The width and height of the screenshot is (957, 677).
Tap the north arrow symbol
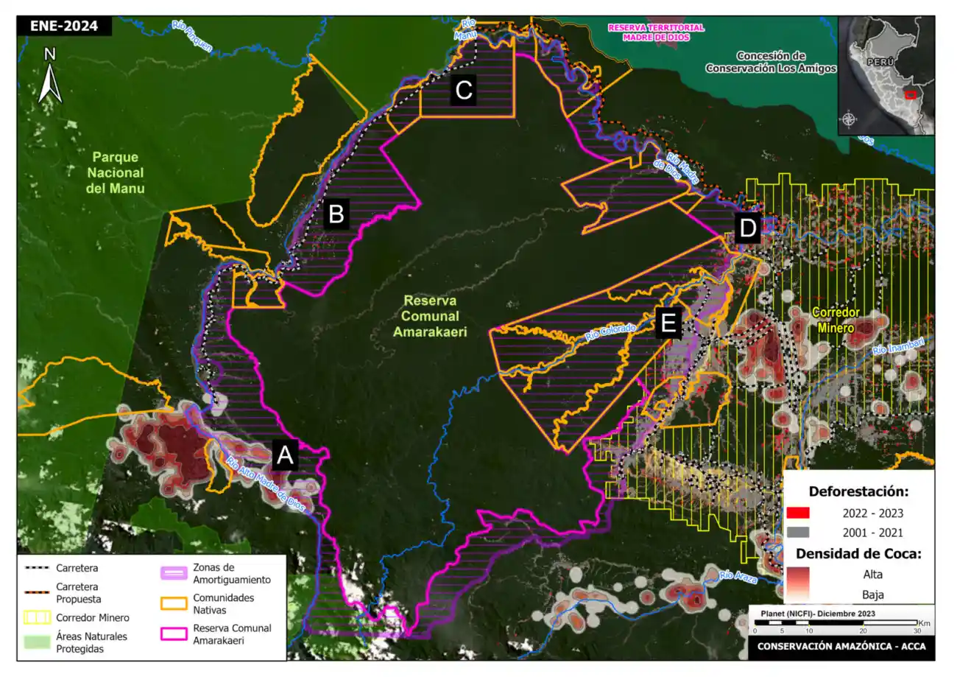pos(49,75)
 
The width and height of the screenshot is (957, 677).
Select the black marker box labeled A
pos(285,457)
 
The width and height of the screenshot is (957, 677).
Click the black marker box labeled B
pos(336,214)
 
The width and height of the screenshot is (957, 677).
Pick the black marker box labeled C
pos(464,91)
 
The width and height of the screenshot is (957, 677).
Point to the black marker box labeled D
pos(748,229)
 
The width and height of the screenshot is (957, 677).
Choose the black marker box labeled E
pos(668,323)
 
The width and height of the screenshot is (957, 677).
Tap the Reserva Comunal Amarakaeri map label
pos(435,317)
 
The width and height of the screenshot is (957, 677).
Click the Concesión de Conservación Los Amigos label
pos(771,62)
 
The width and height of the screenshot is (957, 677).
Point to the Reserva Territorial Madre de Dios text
pos(655,32)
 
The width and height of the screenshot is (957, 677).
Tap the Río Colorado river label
pos(610,333)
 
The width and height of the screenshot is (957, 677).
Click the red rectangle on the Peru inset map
pos(911,94)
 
